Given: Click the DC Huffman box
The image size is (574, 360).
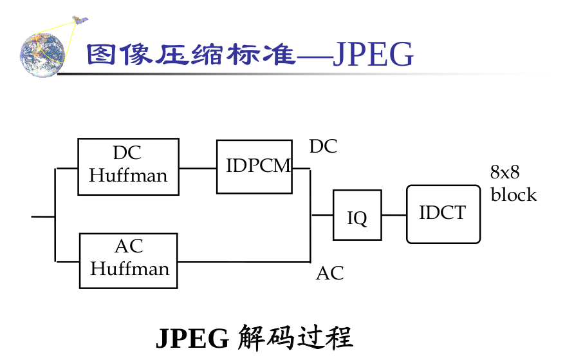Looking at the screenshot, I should [x=128, y=166].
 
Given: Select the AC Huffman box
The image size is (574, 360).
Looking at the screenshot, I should [x=128, y=260].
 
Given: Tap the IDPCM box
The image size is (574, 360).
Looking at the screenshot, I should [x=254, y=166].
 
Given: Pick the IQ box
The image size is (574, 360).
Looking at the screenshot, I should [x=356, y=215].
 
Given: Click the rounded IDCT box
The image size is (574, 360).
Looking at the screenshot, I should [x=443, y=214].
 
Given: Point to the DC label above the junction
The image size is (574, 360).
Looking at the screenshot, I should [x=323, y=147].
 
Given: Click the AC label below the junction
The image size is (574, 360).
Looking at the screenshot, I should [x=329, y=273].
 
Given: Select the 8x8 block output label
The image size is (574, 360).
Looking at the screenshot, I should [x=513, y=184].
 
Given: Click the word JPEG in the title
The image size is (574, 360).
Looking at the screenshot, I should [x=373, y=55].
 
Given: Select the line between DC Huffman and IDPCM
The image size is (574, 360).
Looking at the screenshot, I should [x=198, y=168].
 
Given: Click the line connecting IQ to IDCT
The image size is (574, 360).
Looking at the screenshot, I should [x=394, y=215].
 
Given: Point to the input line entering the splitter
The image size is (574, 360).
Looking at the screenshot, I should [x=43, y=216].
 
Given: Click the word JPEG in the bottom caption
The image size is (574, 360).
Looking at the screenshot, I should [x=192, y=338].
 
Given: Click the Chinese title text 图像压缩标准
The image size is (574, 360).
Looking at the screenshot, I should [x=190, y=55].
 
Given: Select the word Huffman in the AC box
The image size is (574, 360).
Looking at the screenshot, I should [x=129, y=269].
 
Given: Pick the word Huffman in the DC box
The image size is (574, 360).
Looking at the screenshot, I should [x=128, y=175].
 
